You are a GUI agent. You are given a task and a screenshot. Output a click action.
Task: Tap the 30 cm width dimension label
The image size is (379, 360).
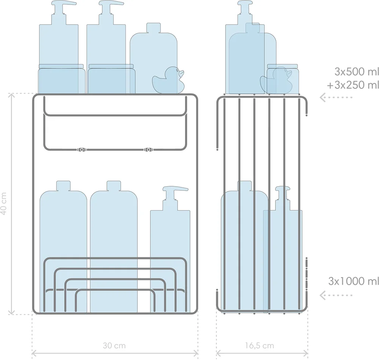(114, 345)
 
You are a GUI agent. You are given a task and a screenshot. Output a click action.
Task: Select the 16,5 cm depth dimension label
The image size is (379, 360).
(262, 345)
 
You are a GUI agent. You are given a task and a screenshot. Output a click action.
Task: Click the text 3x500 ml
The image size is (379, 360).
(356, 72)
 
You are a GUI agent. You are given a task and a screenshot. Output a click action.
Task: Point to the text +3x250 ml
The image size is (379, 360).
(353, 85)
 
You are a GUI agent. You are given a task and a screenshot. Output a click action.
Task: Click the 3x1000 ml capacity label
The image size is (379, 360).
(353, 281)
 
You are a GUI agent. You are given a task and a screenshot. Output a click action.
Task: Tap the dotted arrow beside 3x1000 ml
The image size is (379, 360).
(336, 295)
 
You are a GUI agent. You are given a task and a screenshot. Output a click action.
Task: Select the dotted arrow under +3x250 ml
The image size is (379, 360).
(336, 97)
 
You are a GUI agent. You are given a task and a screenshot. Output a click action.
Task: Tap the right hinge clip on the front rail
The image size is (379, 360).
(148, 150)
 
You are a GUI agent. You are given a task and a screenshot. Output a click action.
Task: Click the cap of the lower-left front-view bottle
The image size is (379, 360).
(64, 186)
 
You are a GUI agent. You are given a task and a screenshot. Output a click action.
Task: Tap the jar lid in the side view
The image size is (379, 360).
(282, 66)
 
